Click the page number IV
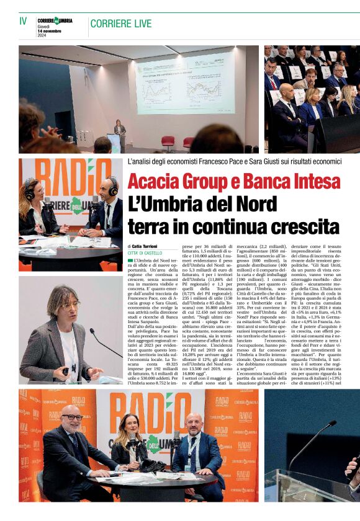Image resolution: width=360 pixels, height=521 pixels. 23,21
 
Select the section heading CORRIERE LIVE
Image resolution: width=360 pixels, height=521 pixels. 120,24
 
